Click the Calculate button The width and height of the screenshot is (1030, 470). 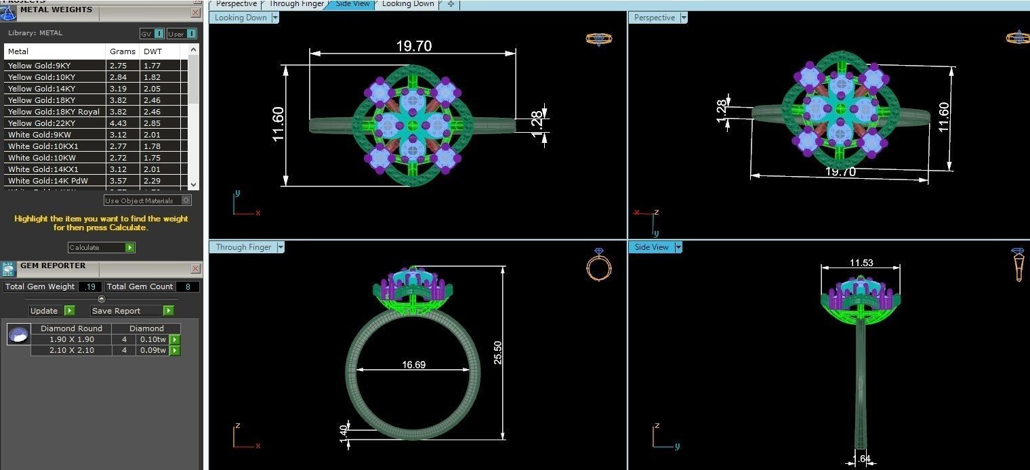[101, 248]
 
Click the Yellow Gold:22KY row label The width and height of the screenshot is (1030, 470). [42, 123]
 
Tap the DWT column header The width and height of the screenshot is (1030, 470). [152, 51]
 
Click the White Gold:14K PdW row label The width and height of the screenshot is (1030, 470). [48, 181]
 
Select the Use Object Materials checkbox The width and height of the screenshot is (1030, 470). [187, 200]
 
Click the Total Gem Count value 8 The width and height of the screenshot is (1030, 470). [188, 286]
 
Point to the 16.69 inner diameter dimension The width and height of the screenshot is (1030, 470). [413, 365]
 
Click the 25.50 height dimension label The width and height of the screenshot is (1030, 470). [498, 353]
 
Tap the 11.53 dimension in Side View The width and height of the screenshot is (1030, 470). [861, 263]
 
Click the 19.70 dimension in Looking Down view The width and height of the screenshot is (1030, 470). [413, 46]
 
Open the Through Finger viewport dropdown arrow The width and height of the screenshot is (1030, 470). [281, 248]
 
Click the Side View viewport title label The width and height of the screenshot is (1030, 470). [651, 248]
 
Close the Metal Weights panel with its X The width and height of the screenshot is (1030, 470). [195, 12]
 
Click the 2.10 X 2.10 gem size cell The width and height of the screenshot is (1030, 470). [71, 351]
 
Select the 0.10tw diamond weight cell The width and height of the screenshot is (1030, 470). [152, 340]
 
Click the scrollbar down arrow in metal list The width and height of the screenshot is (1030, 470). [194, 184]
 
